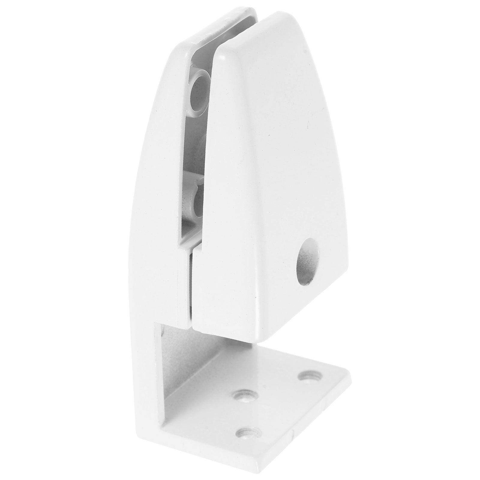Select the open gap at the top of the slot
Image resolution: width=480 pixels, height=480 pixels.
[237, 30]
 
